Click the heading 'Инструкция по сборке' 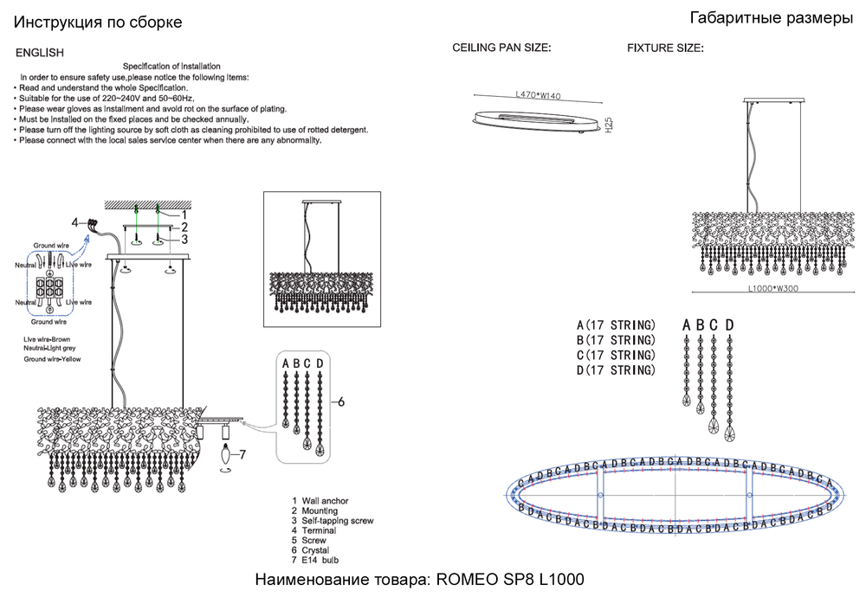[x=99, y=22]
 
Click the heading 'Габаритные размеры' [x=772, y=19]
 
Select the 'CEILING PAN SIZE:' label [x=502, y=48]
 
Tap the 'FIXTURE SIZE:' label [x=665, y=48]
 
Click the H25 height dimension [x=609, y=125]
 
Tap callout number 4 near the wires [x=75, y=221]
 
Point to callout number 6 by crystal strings [x=341, y=402]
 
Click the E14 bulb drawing [x=228, y=453]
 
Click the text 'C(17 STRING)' [x=616, y=356]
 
